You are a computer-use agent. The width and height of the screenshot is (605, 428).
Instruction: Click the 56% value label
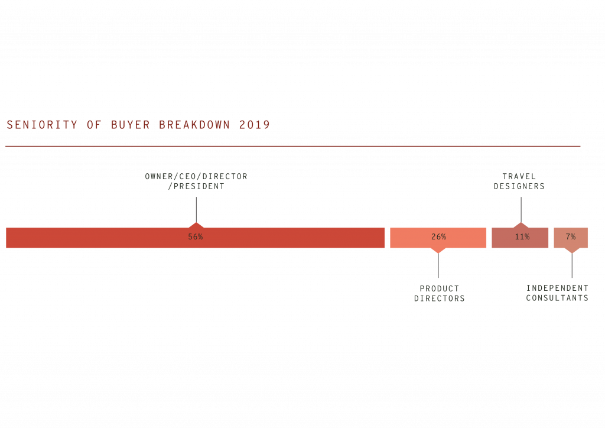(196, 237)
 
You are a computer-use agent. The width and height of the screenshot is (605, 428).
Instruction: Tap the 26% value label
(438, 237)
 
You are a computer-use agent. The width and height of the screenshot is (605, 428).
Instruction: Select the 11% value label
(522, 237)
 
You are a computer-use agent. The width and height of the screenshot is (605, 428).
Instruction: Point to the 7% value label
(571, 237)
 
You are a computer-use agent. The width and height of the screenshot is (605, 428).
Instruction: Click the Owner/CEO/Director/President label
(196, 181)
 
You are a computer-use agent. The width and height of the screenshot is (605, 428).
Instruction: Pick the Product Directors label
(439, 294)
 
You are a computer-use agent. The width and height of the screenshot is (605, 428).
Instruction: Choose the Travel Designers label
(519, 181)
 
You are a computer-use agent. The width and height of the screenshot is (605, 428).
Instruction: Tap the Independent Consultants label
(557, 293)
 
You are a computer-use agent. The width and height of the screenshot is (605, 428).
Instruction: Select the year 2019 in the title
(255, 125)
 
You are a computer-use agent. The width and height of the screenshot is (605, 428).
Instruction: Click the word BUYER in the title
(131, 125)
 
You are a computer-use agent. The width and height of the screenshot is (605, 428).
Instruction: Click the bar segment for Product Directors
(414, 238)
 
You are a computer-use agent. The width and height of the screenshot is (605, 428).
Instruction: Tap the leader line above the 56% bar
(196, 209)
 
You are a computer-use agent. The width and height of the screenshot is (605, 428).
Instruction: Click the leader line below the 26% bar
(438, 266)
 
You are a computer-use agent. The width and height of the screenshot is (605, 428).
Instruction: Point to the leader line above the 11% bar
(521, 209)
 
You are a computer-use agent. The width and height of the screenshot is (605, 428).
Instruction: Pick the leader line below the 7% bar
(571, 266)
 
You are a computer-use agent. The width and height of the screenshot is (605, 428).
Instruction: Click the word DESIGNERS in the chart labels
(519, 187)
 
